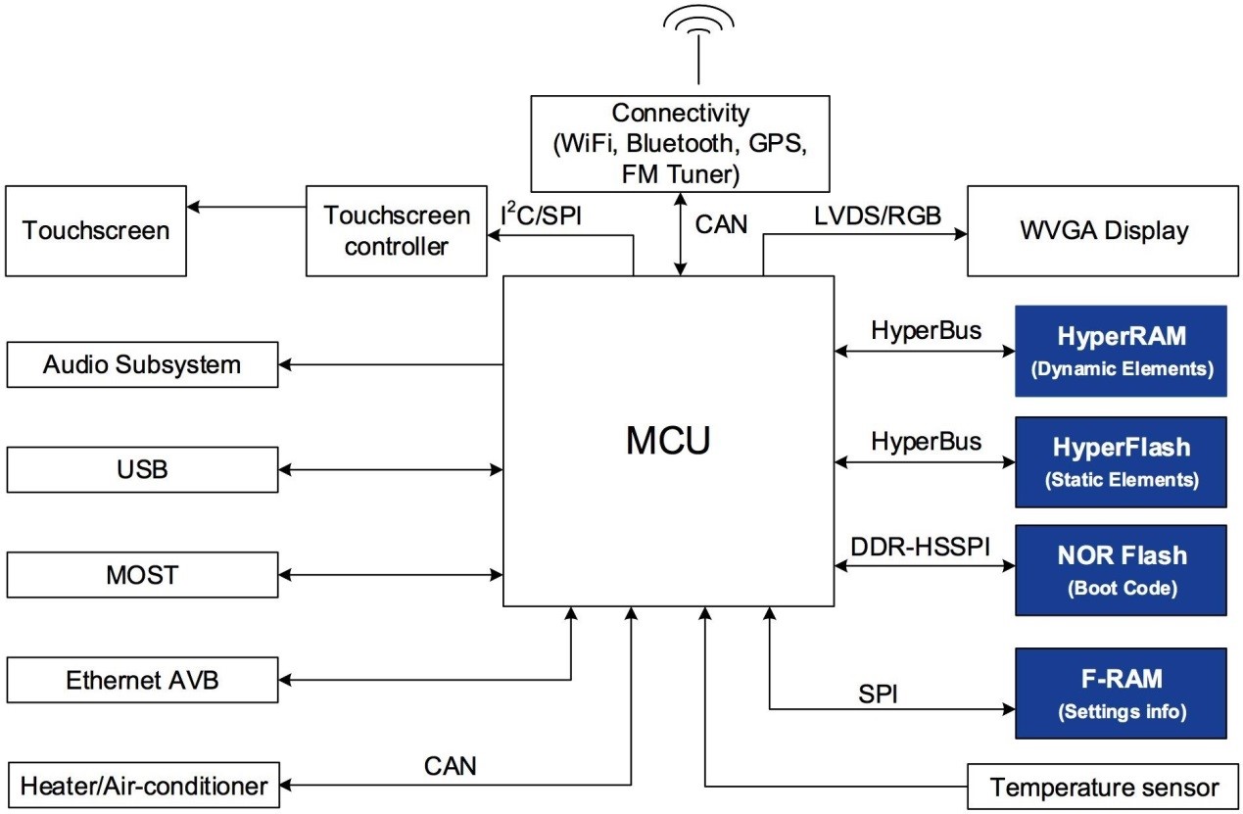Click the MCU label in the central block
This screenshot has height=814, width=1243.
pyautogui.click(x=668, y=442)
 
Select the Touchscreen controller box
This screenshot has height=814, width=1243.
pyautogui.click(x=396, y=230)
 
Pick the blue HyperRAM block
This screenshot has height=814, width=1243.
pyautogui.click(x=1121, y=351)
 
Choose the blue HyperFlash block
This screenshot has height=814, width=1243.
pyautogui.click(x=1121, y=462)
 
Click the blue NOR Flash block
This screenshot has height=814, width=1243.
pyautogui.click(x=1121, y=570)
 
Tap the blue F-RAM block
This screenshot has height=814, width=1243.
pyautogui.click(x=1121, y=693)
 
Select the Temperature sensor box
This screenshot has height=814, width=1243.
pyautogui.click(x=1104, y=787)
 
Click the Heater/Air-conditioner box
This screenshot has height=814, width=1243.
pyautogui.click(x=143, y=786)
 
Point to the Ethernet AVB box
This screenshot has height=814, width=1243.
pyautogui.click(x=143, y=681)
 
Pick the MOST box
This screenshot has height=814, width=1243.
pyautogui.click(x=143, y=574)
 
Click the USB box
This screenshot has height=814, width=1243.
pyautogui.click(x=143, y=469)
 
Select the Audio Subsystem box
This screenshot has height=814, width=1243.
pyautogui.click(x=143, y=365)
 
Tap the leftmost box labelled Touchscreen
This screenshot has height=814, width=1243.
pyautogui.click(x=96, y=230)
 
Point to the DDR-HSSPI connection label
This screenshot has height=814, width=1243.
pyautogui.click(x=918, y=545)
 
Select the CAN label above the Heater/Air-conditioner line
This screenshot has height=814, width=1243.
pyautogui.click(x=451, y=765)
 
